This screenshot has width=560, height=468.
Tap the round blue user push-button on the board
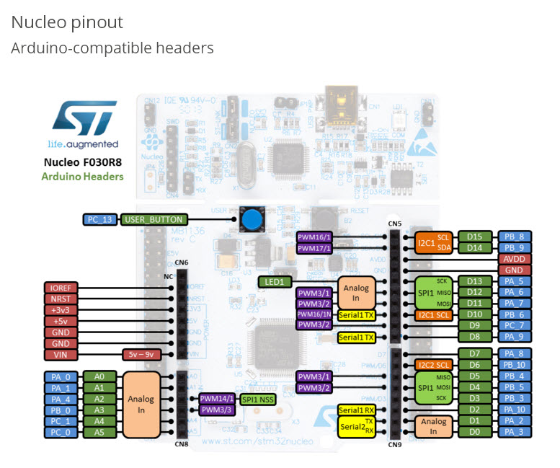(251, 219)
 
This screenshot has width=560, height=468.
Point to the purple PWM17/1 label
(315, 248)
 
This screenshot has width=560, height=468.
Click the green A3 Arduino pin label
(99, 410)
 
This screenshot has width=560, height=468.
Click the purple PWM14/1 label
(216, 399)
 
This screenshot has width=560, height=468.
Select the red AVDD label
(515, 259)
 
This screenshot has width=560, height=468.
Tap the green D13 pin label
(475, 281)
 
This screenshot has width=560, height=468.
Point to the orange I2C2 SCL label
(432, 365)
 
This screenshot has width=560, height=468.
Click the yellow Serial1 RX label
(357, 410)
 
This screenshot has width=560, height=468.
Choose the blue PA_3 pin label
(515, 432)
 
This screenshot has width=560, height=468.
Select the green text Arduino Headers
(82, 177)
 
